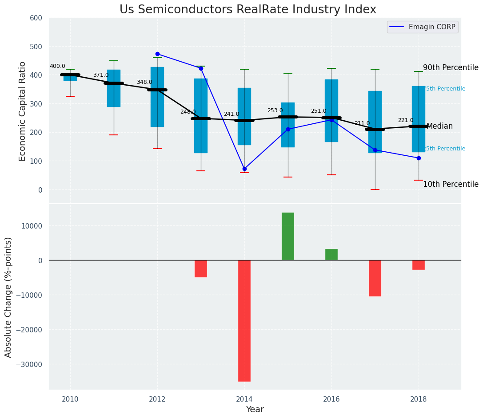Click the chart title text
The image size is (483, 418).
tap(247, 10)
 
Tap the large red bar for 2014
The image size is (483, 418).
tap(244, 320)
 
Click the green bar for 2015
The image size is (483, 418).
tap(288, 236)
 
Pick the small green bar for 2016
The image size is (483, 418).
tap(331, 255)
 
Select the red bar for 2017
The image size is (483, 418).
tap(375, 278)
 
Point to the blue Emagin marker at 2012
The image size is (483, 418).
tap(157, 54)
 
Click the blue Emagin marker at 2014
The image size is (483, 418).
tap(244, 169)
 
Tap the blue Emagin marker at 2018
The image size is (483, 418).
tap(419, 158)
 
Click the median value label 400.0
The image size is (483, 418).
tap(57, 66)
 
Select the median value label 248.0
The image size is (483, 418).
tap(188, 112)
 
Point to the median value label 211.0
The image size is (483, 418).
tap(362, 123)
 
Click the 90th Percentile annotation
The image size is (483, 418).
tap(451, 68)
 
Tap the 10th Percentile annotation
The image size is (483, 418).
tap(451, 184)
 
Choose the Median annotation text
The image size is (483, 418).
tap(439, 126)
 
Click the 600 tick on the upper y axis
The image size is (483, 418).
tap(36, 18)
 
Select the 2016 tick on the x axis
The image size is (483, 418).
tap(331, 399)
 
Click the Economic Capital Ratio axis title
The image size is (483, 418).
tap(23, 110)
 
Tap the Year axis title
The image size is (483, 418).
tap(255, 410)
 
